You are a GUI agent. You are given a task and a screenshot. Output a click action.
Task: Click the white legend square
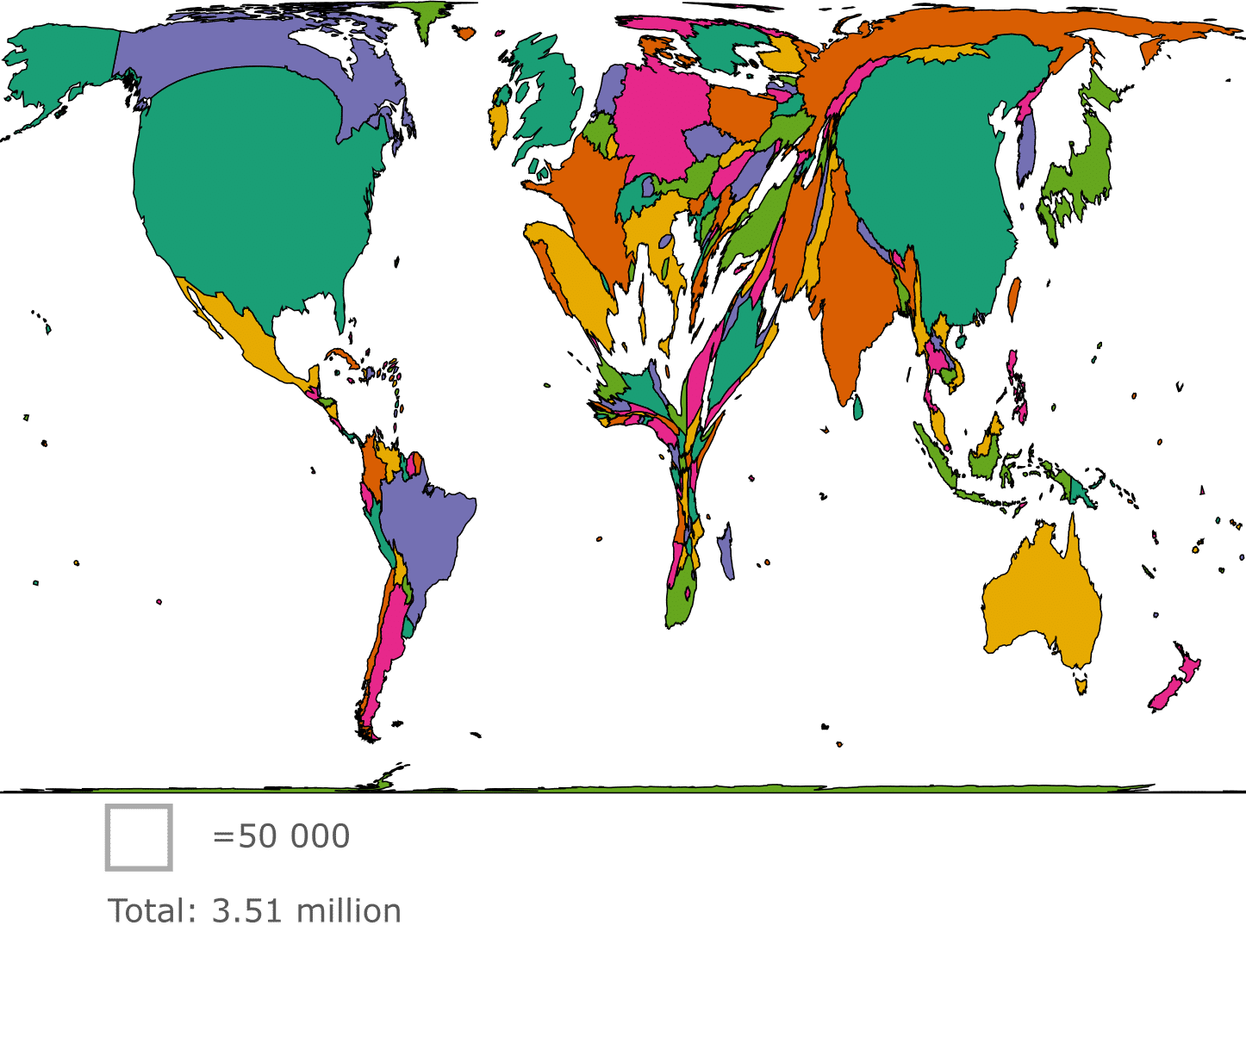pos(138,837)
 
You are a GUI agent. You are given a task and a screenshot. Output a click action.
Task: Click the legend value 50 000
pos(282,837)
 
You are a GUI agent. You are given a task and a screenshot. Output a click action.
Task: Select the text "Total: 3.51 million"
pos(253,911)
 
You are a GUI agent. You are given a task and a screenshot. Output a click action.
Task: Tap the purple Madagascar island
pos(726,551)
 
